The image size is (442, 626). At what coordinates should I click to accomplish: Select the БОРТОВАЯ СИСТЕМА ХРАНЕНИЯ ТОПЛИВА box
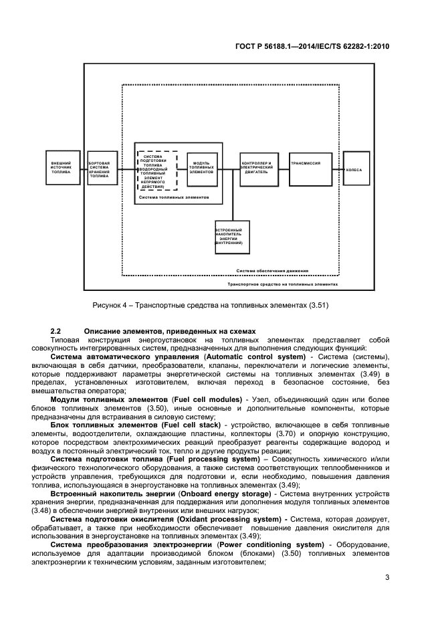point(102,168)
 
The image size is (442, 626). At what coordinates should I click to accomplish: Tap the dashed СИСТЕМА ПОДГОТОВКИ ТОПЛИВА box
point(156,171)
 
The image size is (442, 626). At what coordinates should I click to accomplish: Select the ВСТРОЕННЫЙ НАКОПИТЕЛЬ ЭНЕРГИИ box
point(231,237)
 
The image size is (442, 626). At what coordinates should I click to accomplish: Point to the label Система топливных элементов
point(173,199)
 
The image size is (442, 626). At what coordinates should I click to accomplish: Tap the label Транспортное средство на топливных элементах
point(282,284)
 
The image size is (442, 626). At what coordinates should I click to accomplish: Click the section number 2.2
point(56,332)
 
